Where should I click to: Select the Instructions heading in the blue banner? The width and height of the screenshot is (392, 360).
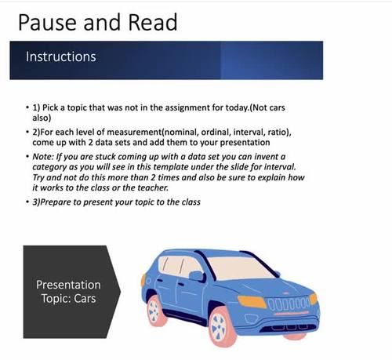click(61, 57)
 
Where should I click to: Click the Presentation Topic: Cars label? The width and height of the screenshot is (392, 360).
click(68, 291)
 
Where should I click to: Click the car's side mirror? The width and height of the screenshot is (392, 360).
click(195, 275)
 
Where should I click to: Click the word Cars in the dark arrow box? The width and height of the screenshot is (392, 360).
click(87, 298)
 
